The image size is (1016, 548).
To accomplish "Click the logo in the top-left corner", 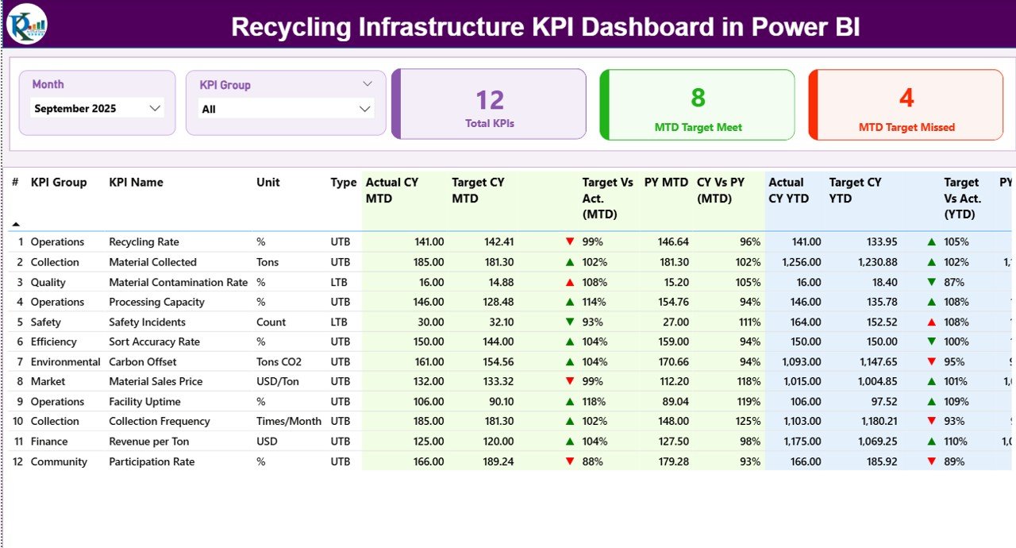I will tap(26, 24).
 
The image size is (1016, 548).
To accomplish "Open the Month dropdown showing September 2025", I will tap(155, 109).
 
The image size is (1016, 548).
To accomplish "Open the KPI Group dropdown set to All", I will tap(365, 109).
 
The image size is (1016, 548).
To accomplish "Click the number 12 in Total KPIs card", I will tap(490, 100).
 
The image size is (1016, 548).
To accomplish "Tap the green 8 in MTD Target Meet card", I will tap(698, 98).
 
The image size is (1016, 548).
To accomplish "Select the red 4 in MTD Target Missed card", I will tap(906, 98).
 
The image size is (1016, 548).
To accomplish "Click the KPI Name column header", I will tap(136, 183).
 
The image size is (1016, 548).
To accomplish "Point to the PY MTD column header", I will tap(666, 183).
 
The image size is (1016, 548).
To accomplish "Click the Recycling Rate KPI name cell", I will tap(144, 242).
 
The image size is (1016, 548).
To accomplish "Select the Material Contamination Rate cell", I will tap(178, 282).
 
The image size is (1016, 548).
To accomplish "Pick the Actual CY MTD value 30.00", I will tap(429, 322).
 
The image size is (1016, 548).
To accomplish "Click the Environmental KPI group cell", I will tap(65, 361).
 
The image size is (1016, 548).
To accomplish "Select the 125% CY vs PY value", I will tap(747, 421).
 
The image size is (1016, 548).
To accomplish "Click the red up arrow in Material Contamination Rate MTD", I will tap(569, 282).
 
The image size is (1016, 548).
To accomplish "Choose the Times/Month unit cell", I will tap(288, 421).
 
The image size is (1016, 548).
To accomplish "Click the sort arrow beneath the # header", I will tap(16, 224).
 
